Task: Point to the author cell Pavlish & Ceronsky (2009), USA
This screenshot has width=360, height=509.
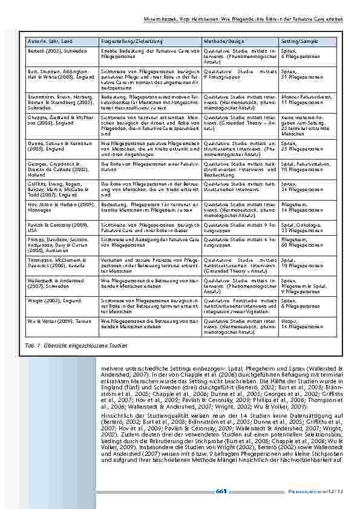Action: tap(55, 227)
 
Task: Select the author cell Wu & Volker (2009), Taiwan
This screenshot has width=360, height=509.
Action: tap(54, 319)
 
